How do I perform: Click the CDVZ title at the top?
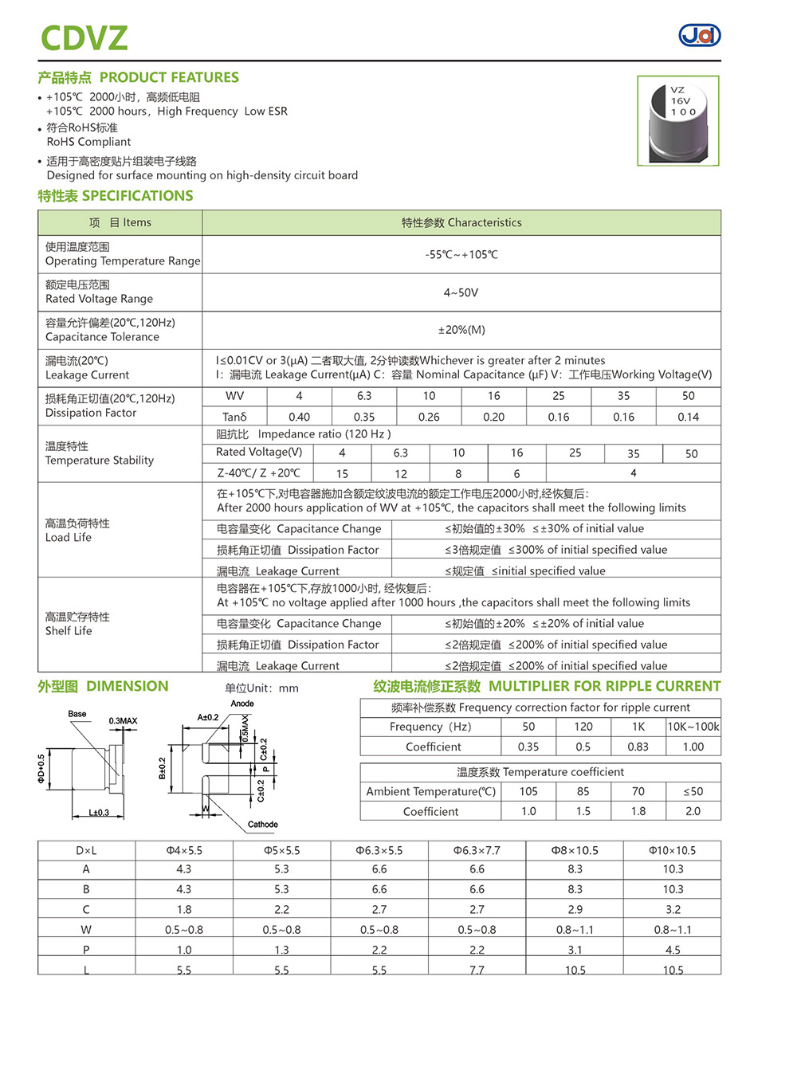click(x=84, y=38)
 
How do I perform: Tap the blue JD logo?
click(x=699, y=35)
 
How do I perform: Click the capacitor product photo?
click(x=677, y=121)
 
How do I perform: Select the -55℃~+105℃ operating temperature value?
click(x=461, y=255)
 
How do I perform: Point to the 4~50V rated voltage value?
click(x=461, y=292)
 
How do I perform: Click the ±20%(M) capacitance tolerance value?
click(x=461, y=330)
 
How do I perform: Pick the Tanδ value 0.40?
click(x=299, y=417)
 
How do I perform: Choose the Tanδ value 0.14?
click(x=688, y=417)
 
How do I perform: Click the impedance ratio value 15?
click(x=342, y=473)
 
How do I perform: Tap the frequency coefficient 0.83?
click(x=638, y=747)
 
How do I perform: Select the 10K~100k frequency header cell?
click(x=693, y=727)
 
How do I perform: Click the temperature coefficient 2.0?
click(x=693, y=811)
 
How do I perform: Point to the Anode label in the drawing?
click(x=242, y=704)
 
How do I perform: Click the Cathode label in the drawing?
click(x=262, y=825)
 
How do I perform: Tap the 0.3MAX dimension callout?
click(x=123, y=721)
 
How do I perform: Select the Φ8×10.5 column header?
click(x=575, y=850)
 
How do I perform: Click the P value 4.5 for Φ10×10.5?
click(x=673, y=950)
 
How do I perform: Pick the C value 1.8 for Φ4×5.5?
click(x=184, y=909)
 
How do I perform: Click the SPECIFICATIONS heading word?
click(x=137, y=196)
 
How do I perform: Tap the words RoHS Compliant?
click(x=88, y=142)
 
